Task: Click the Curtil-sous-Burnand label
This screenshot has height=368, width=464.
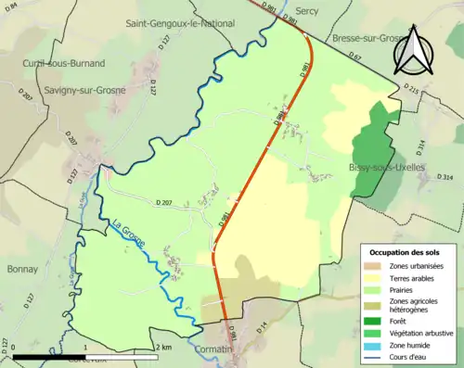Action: point(64,63)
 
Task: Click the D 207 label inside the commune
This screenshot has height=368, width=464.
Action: point(165,203)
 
